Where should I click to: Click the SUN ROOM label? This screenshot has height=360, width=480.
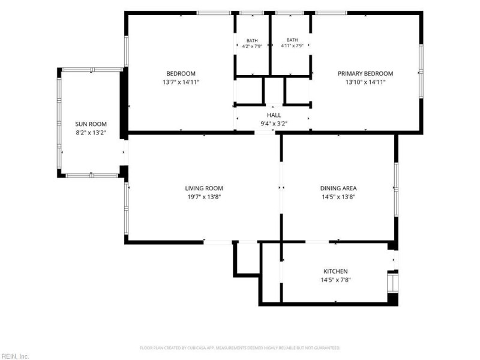(x=91, y=124)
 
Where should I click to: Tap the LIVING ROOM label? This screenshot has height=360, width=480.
(x=204, y=188)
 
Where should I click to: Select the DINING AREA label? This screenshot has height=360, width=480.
(x=338, y=188)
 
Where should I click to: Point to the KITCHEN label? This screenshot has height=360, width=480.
(x=335, y=271)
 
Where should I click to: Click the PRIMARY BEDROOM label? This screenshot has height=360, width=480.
(x=365, y=73)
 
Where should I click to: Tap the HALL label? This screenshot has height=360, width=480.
(x=274, y=115)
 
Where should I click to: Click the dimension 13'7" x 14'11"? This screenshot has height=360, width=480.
(x=181, y=82)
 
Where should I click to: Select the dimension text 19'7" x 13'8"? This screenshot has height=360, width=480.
(x=204, y=197)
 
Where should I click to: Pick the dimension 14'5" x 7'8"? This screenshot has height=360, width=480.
(x=335, y=280)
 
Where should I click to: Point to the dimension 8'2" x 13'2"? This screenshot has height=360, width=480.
(x=91, y=133)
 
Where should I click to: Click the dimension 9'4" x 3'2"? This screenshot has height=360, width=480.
(x=274, y=124)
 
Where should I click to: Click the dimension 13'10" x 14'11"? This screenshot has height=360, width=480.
(x=365, y=82)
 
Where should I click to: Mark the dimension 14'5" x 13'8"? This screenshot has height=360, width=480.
(x=338, y=197)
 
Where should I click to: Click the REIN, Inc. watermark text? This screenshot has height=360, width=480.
(x=14, y=356)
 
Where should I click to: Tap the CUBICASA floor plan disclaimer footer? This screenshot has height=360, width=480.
(x=240, y=348)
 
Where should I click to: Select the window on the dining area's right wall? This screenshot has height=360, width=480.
(x=396, y=190)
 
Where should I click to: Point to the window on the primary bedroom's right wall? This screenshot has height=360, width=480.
(x=421, y=71)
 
